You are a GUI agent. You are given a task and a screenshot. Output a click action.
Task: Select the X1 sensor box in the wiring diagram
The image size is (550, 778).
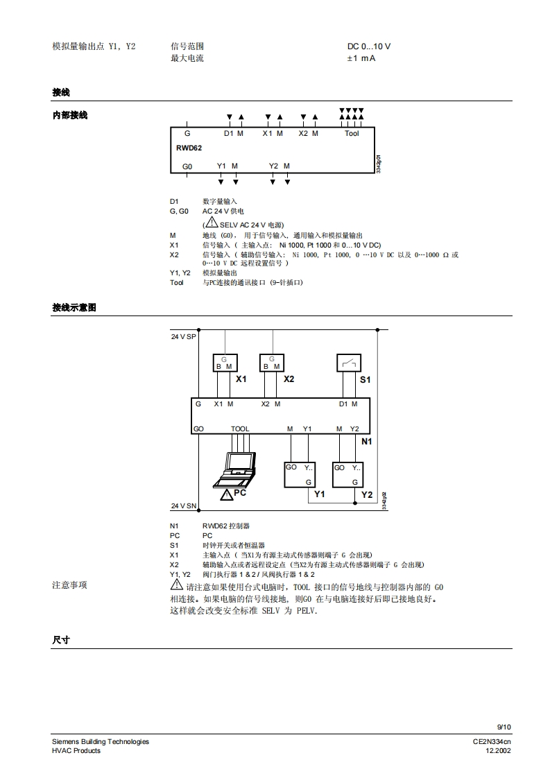pyautogui.click(x=224, y=363)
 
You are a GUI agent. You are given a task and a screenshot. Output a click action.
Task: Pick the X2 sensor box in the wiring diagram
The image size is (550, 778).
pyautogui.click(x=272, y=363)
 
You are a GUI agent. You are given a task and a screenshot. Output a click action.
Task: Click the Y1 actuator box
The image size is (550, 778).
pyautogui.click(x=300, y=474)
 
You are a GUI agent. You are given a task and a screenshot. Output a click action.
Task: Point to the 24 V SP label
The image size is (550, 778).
pyautogui.click(x=184, y=336)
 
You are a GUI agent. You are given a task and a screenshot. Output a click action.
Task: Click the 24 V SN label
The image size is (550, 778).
pyautogui.click(x=184, y=505)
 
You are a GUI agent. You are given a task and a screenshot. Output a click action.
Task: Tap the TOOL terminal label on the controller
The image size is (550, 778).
pyautogui.click(x=239, y=429)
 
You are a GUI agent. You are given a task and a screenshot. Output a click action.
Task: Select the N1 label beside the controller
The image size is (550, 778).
pyautogui.click(x=367, y=441)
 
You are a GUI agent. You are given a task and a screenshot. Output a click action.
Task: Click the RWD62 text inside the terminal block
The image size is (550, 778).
pyautogui.click(x=189, y=148)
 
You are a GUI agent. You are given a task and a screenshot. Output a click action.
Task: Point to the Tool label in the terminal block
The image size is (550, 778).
pyautogui.click(x=352, y=133)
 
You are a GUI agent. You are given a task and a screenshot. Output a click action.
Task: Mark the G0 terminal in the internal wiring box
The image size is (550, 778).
pyautogui.click(x=187, y=166)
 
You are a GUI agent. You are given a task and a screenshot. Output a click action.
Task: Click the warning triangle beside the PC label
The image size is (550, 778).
pyautogui.click(x=226, y=494)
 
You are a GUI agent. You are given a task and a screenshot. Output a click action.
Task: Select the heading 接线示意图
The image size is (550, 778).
pyautogui.click(x=74, y=307)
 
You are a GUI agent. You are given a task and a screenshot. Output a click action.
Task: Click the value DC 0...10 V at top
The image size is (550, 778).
pyautogui.click(x=369, y=46)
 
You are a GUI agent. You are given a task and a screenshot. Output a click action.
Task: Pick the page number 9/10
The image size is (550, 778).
pyautogui.click(x=504, y=727)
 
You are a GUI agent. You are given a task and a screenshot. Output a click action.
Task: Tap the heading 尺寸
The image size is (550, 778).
pyautogui.click(x=61, y=640)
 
